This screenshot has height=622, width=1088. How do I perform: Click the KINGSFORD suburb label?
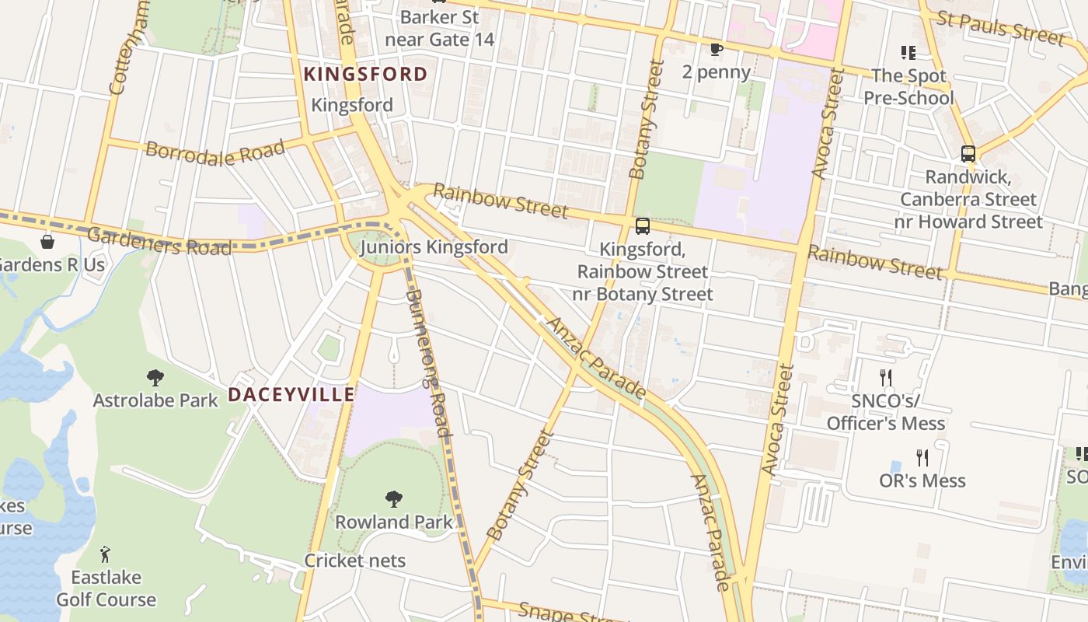(365, 75)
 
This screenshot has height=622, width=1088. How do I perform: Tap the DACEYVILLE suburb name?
(291, 395)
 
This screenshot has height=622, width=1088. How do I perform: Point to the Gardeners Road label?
(159, 241)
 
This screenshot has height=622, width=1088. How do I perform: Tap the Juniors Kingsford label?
(434, 247)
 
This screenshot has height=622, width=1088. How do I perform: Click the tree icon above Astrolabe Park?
(155, 378)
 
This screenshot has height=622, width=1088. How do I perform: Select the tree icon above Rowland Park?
(394, 498)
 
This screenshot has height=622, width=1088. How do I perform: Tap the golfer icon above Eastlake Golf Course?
(106, 554)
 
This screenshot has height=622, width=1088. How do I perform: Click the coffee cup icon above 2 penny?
(717, 50)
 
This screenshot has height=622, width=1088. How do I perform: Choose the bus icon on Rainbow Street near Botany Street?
(643, 226)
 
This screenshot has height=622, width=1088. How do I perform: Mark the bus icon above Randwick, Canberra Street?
(968, 154)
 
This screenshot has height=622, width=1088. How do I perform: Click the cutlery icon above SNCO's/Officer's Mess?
(885, 378)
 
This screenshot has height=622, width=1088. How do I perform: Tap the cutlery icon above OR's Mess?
(922, 457)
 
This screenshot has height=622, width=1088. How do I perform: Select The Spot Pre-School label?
(908, 87)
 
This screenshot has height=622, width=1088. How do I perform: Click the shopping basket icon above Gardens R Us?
(47, 242)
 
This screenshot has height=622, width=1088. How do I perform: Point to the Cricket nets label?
(354, 561)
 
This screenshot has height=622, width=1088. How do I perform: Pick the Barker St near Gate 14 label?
(439, 28)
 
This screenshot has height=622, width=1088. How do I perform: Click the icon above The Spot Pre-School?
(908, 53)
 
